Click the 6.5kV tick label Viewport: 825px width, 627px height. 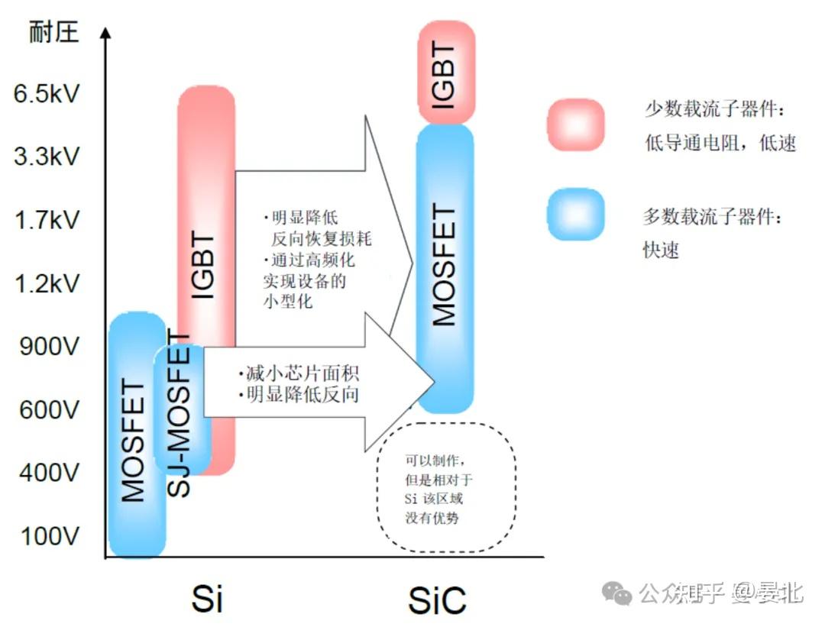pyautogui.click(x=47, y=95)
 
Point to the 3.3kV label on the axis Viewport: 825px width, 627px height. pyautogui.click(x=47, y=158)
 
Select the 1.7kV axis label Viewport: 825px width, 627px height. pyautogui.click(x=47, y=221)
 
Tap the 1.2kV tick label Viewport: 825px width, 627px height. pyautogui.click(x=47, y=285)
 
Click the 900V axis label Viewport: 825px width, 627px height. pyautogui.click(x=47, y=347)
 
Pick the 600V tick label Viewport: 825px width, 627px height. pyautogui.click(x=47, y=411)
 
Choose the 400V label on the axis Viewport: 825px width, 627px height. pyautogui.click(x=47, y=473)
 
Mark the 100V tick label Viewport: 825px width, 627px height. pyautogui.click(x=47, y=537)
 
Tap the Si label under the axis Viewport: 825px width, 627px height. pyautogui.click(x=206, y=599)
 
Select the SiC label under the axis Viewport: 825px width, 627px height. pyautogui.click(x=437, y=600)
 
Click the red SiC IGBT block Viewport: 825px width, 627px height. pyautogui.click(x=446, y=73)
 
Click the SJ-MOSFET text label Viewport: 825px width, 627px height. pyautogui.click(x=180, y=415)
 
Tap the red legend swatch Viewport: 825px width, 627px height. pyautogui.click(x=575, y=124)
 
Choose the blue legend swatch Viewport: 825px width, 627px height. pyautogui.click(x=575, y=215)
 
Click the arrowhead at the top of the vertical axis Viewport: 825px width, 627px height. pyautogui.click(x=105, y=34)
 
